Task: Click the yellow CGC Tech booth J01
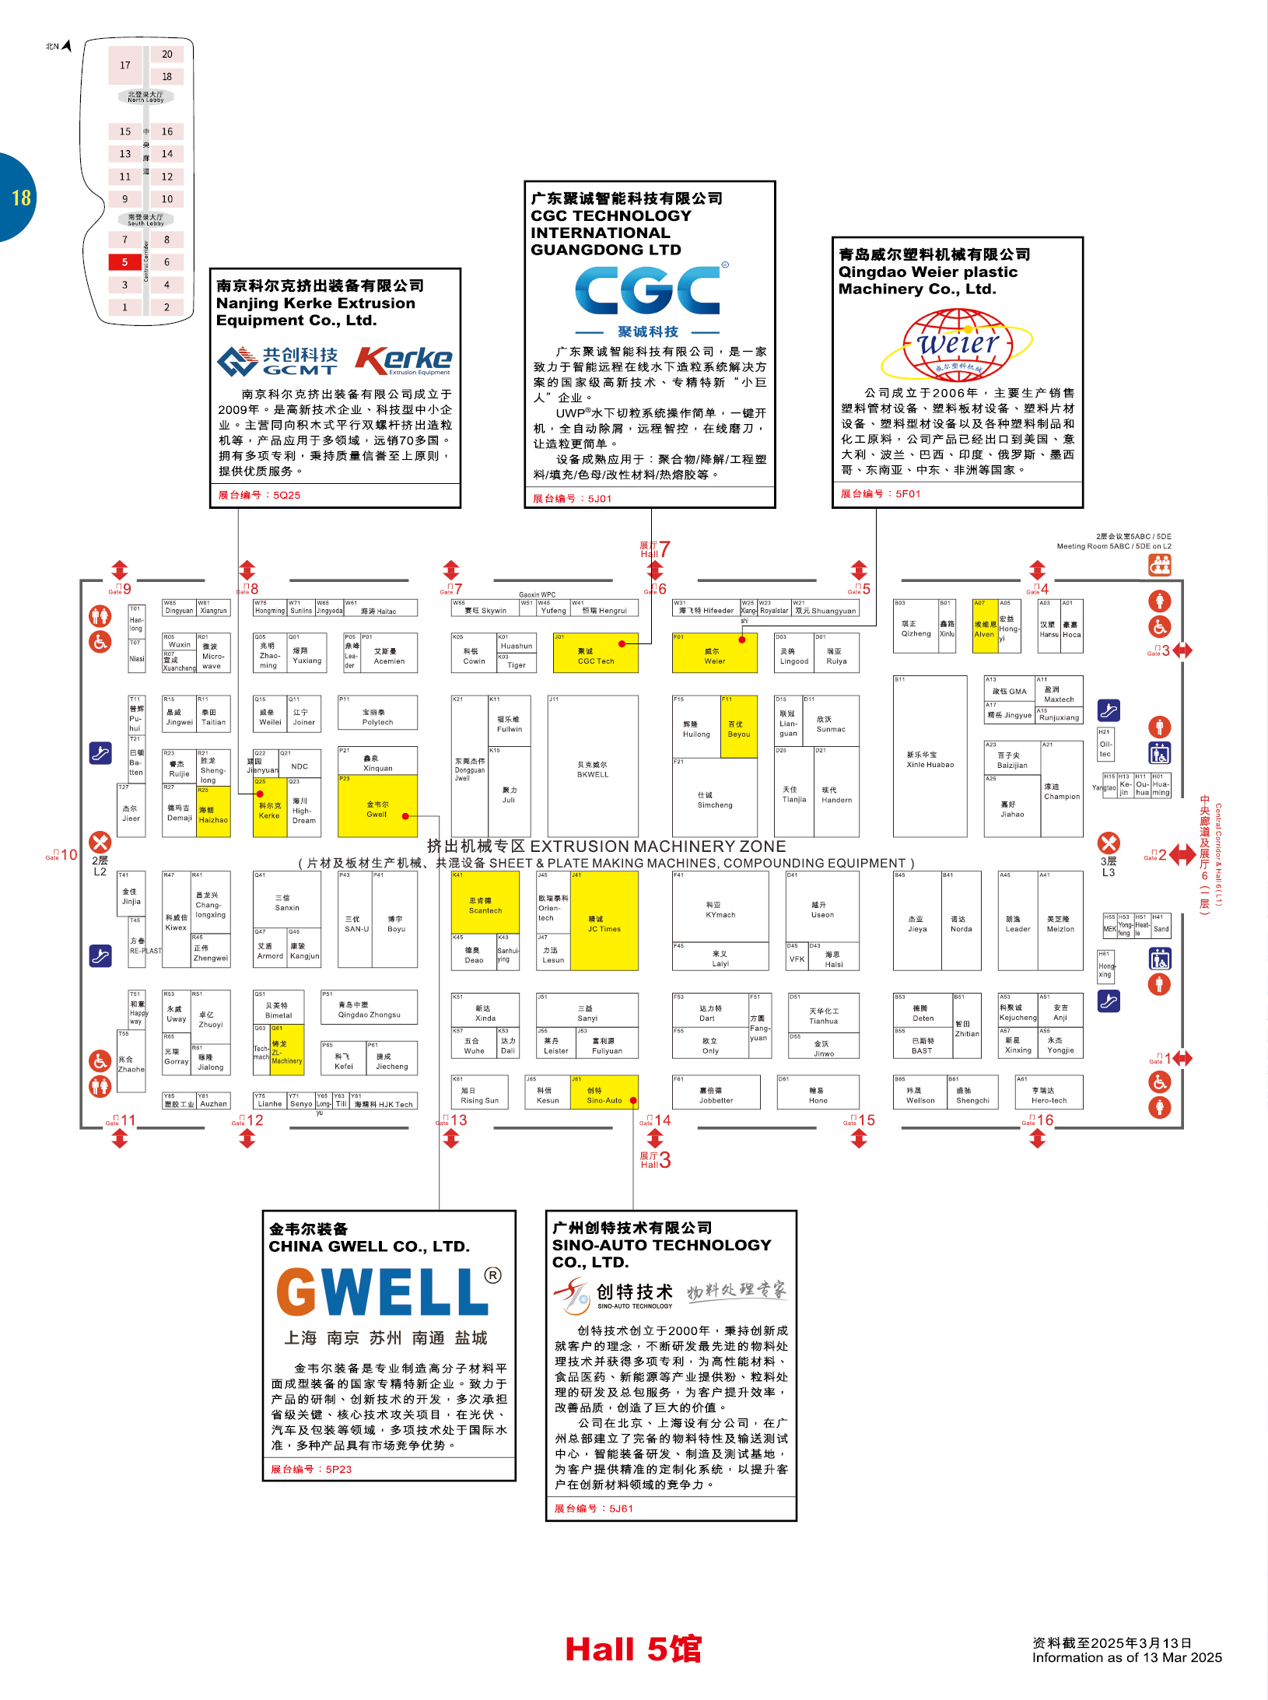coord(595,653)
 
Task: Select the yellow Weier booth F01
coord(714,653)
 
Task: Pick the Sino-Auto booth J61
coord(604,1092)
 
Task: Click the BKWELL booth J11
coord(593,766)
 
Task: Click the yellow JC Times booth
coord(604,921)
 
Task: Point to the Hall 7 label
coord(655,549)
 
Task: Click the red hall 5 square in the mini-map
coord(124,262)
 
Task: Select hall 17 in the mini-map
coord(125,65)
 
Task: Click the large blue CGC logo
coord(647,289)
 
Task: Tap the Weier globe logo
coord(957,345)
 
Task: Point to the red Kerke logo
coord(404,359)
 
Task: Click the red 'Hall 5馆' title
coord(633,1649)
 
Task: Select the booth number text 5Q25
coord(286,495)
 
